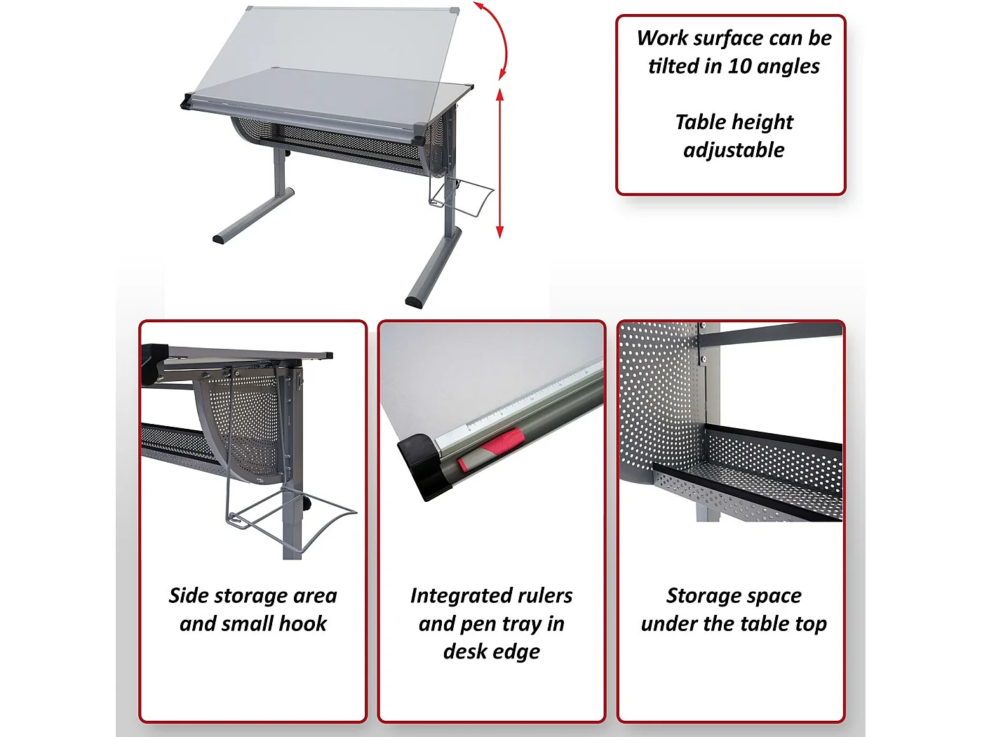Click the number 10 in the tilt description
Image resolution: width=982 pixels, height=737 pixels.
pos(741,66)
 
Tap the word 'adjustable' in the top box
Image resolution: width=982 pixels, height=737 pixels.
pos(734,150)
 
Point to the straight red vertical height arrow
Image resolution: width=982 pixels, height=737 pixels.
pos(500,164)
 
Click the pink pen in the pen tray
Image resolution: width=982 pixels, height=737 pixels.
pos(490,449)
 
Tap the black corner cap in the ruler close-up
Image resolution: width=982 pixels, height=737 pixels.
pos(424,467)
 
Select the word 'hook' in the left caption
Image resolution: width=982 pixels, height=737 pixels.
pos(302,623)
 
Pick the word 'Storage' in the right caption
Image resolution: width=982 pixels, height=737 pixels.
pos(699,597)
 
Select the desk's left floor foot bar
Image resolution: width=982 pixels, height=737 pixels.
pos(253,215)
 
